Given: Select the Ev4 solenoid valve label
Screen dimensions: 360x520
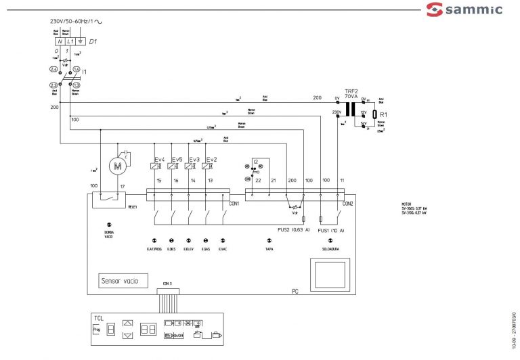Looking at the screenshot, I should tap(160, 159).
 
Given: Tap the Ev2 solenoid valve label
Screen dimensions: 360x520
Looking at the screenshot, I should tap(211, 159).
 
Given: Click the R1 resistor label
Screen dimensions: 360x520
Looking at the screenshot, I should tap(383, 115).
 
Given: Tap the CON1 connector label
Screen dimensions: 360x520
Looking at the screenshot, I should tap(234, 203).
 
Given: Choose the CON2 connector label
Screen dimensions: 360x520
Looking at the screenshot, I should tap(348, 203).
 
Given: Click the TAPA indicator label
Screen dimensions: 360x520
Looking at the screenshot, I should tap(269, 250).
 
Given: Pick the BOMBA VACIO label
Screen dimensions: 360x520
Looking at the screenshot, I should tap(109, 234).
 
